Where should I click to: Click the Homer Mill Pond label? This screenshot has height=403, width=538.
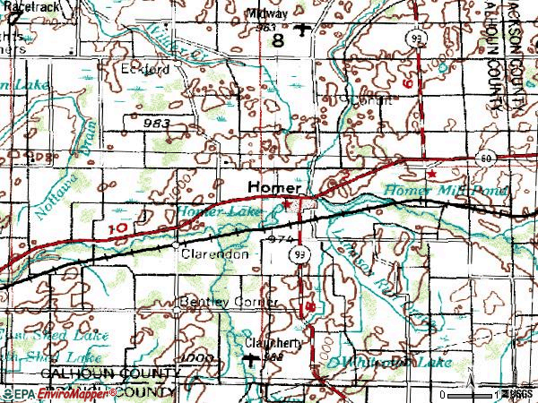pyautogui.click(x=447, y=191)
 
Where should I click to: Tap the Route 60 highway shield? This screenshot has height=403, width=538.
pyautogui.click(x=486, y=157)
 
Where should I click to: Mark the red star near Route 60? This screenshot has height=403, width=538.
pyautogui.click(x=431, y=173)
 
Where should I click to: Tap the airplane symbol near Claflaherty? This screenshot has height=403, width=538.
pyautogui.click(x=250, y=359)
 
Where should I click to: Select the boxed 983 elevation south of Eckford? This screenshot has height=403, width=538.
pyautogui.click(x=156, y=119)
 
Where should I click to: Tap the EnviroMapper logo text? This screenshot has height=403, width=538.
pyautogui.click(x=61, y=394)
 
